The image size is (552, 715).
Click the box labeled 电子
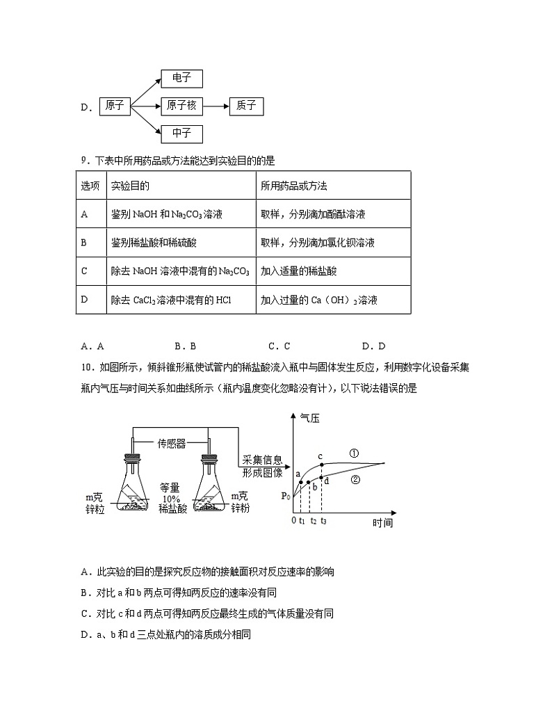click(181, 78)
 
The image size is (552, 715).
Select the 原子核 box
click(181, 106)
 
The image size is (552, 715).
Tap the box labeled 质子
click(246, 106)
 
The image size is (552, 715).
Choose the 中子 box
click(181, 133)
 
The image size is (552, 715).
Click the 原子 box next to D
click(115, 106)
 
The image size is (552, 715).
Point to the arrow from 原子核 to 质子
click(216, 106)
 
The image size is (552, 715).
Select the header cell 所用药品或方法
click(293, 186)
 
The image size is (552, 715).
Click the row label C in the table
click(84, 271)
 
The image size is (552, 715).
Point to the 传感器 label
click(171, 442)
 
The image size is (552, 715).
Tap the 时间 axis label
click(382, 522)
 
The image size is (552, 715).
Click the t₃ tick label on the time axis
click(323, 520)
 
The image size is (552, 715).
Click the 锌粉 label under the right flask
click(239, 509)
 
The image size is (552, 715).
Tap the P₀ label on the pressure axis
click(285, 496)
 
